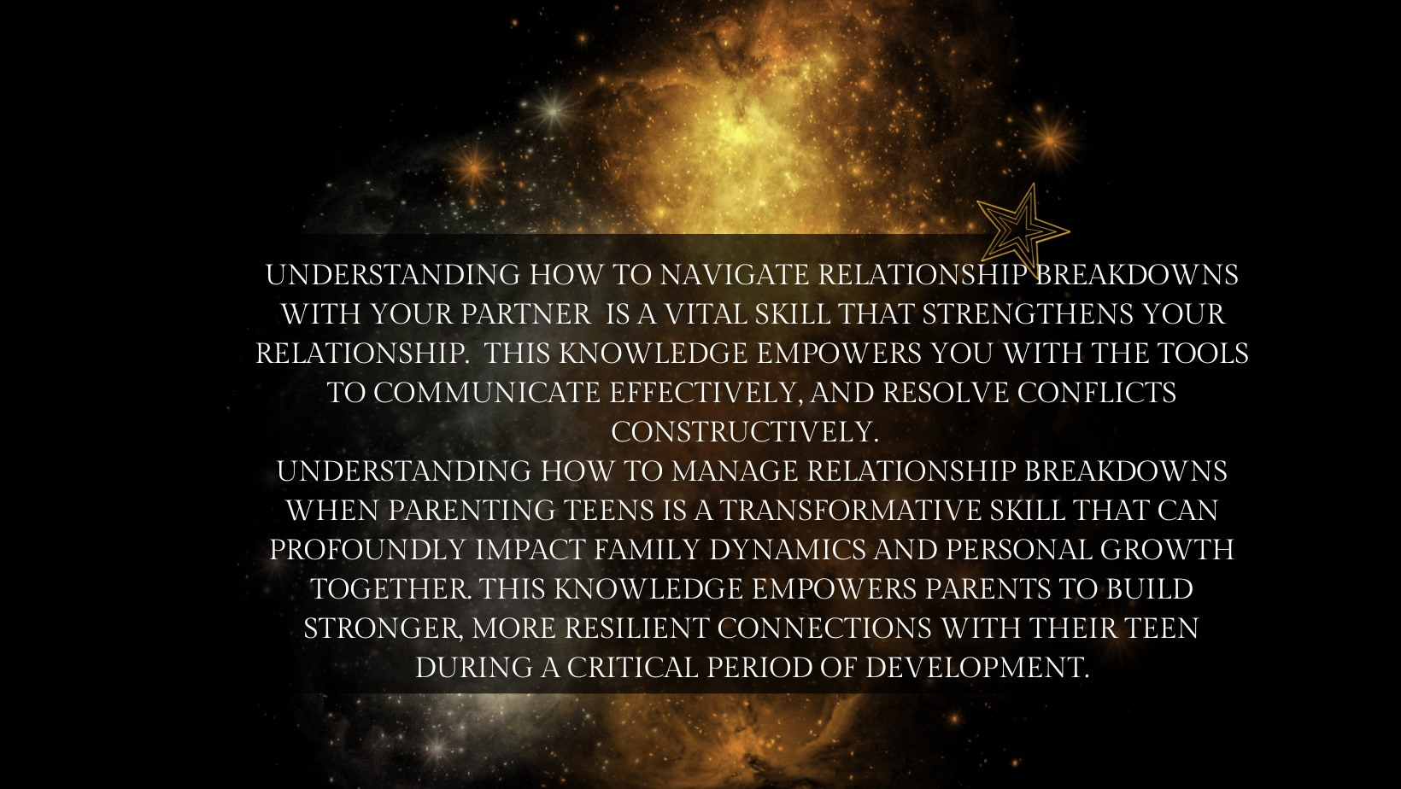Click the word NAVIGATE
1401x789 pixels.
click(735, 275)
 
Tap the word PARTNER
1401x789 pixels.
click(526, 314)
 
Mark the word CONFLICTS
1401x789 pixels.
click(1097, 393)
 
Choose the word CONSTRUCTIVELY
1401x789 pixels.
click(745, 432)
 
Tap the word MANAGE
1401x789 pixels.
click(735, 471)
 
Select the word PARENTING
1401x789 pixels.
click(472, 511)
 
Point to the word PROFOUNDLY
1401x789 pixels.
click(367, 550)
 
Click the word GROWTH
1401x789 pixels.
click(1167, 550)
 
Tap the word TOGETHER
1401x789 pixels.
click(391, 589)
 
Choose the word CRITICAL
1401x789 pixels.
click(632, 668)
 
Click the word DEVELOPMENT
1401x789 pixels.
click(977, 668)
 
